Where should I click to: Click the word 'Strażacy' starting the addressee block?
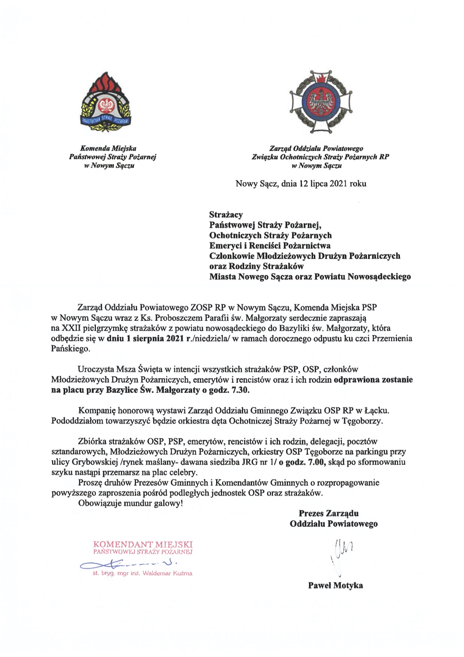(x=226, y=215)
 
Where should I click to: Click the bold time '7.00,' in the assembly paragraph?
(x=314, y=462)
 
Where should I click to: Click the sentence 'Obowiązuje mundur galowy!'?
(x=130, y=503)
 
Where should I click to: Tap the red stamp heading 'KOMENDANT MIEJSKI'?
(x=143, y=544)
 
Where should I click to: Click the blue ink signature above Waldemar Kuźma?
(x=127, y=563)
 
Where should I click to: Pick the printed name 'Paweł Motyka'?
(x=335, y=585)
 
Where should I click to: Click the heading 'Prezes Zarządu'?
(x=328, y=513)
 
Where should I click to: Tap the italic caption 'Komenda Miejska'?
(x=108, y=148)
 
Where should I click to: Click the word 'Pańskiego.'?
(x=70, y=349)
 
